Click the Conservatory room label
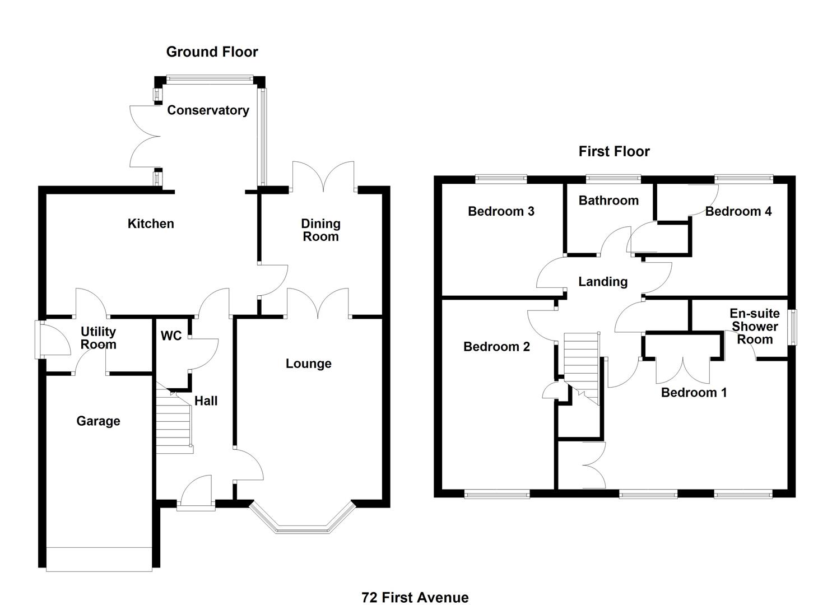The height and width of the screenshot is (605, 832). (208, 110)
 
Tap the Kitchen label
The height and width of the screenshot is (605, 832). (151, 224)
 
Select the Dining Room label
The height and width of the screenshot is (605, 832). (320, 230)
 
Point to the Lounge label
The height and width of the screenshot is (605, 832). (308, 364)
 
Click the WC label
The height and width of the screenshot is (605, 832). (171, 336)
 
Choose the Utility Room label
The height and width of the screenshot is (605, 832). (98, 338)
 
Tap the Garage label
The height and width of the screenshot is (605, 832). (98, 421)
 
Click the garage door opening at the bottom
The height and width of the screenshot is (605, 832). (99, 559)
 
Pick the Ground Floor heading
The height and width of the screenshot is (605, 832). (212, 52)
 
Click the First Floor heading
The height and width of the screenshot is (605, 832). (614, 151)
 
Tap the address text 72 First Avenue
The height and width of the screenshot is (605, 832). (415, 597)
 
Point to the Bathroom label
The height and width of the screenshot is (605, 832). (608, 201)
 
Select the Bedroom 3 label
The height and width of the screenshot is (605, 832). (501, 211)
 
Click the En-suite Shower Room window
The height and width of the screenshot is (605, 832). (793, 327)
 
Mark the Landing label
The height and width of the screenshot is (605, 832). (603, 282)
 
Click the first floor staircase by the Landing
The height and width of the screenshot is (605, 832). (582, 367)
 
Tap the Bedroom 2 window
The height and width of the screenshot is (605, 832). (496, 494)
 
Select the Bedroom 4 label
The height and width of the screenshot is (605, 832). (738, 211)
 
